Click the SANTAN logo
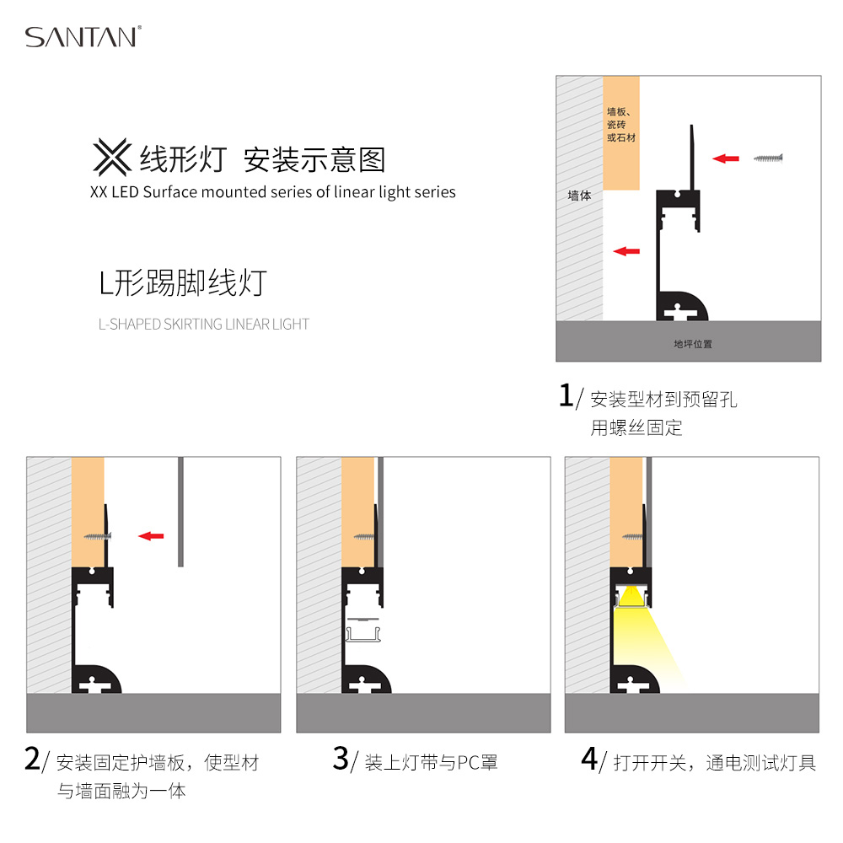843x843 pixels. [83, 36]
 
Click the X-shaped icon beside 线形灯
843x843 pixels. [112, 157]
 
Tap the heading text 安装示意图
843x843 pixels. [314, 159]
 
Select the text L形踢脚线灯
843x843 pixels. [183, 282]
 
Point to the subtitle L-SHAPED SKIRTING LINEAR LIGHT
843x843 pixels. [204, 325]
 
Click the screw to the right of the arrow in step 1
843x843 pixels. [768, 158]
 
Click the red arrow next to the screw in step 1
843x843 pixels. [726, 158]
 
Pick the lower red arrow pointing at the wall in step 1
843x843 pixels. [626, 251]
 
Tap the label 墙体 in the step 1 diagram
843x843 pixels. [580, 196]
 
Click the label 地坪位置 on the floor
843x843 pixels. [693, 344]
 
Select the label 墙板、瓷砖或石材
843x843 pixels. [621, 125]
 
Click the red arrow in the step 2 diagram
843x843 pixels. [151, 536]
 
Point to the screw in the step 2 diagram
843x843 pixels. [97, 536]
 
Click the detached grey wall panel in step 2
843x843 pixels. [180, 512]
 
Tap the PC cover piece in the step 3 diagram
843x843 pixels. [363, 629]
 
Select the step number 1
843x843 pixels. [566, 395]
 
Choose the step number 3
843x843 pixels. [341, 759]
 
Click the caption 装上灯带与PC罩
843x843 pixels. [431, 762]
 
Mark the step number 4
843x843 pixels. [589, 759]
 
